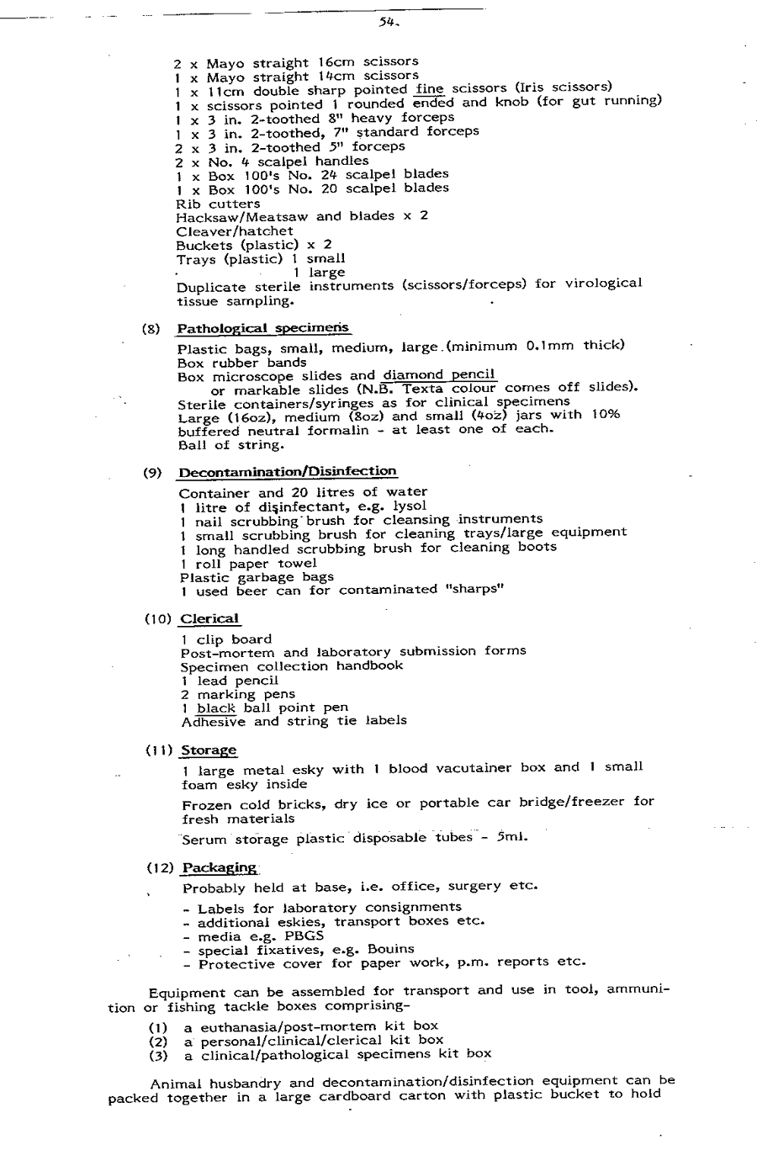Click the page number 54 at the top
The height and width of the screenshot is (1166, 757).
point(387,24)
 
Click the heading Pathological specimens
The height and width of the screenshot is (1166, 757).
point(263,328)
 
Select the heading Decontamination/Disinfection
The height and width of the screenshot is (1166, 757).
point(288,472)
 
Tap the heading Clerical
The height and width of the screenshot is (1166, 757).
point(209,619)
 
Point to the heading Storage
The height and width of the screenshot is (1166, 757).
point(209,750)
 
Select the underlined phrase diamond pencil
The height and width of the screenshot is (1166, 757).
point(439,375)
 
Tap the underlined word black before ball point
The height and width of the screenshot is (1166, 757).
point(216,708)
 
